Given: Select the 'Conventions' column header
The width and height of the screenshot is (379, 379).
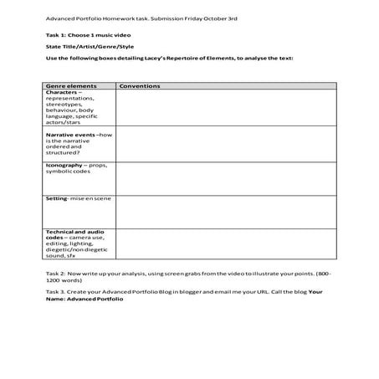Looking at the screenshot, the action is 140,86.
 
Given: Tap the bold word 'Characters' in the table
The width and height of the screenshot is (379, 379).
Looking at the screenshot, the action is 64,93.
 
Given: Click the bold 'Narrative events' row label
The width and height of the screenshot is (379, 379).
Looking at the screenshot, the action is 70,134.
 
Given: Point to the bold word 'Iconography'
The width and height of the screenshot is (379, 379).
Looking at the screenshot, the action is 66,165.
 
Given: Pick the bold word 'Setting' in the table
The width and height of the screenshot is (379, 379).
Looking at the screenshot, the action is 56,199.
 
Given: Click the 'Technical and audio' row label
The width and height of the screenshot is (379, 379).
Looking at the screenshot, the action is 73,231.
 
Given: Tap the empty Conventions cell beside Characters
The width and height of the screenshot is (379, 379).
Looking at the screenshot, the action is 226,109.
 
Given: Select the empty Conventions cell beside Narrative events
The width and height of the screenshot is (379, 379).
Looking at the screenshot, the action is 226,145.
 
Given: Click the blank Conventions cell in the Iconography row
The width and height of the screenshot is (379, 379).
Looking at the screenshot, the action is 226,177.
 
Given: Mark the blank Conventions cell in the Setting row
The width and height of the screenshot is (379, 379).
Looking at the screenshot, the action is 226,211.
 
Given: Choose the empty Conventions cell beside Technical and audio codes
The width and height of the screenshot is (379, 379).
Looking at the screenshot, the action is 226,245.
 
